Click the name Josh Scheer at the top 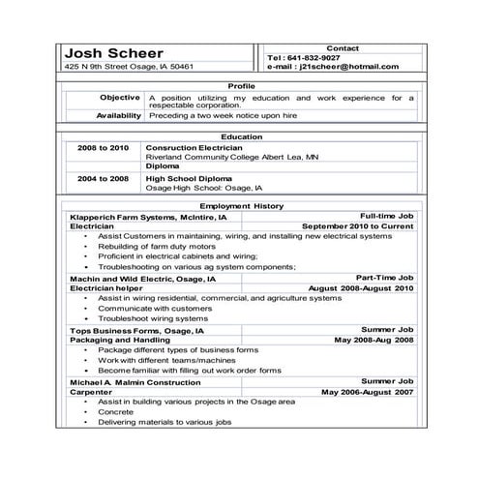coord(114,53)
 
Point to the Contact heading coord(343,47)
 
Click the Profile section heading coord(241,86)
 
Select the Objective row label coord(120,98)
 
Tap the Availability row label coord(118,115)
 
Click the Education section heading coord(241,137)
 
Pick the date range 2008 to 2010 coord(103,148)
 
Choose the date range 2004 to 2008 coord(103,179)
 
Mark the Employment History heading coord(241,206)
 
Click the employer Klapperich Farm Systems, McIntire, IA coord(148,218)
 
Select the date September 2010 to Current coord(357,226)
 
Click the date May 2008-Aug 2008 coord(374,341)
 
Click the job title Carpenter coord(91,392)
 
